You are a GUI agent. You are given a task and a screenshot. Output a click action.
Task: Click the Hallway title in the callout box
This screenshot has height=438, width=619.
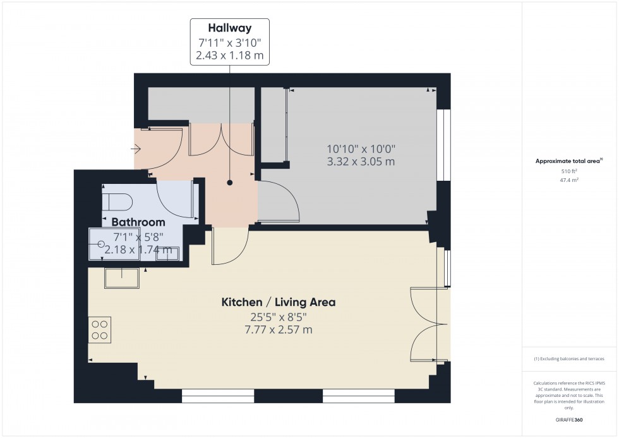(230, 28)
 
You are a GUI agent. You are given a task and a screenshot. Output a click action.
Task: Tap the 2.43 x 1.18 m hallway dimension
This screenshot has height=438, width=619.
(230, 55)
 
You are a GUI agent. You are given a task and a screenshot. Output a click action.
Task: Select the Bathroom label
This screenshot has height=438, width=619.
(138, 222)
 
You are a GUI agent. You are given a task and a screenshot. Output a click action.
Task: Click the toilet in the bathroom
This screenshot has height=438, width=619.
(117, 202)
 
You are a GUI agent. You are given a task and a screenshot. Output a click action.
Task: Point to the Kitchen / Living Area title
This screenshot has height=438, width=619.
(279, 302)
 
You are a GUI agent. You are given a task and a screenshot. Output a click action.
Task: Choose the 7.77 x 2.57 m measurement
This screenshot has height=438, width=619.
(279, 329)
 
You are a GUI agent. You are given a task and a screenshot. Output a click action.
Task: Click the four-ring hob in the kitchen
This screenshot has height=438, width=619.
(100, 330)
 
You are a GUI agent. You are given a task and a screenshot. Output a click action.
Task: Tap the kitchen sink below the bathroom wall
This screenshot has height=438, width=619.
(121, 278)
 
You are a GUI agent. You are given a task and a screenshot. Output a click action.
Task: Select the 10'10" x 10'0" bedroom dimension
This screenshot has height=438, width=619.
(361, 149)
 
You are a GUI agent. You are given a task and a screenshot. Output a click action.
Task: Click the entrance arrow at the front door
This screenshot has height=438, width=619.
(136, 149)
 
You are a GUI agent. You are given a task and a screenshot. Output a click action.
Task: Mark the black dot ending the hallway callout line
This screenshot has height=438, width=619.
(230, 183)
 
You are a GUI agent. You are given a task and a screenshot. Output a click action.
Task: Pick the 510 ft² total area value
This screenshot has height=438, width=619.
(569, 171)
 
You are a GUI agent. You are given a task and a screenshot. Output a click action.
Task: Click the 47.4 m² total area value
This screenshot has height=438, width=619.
(569, 180)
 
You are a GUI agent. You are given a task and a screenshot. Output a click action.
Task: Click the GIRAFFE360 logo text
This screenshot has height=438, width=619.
(569, 420)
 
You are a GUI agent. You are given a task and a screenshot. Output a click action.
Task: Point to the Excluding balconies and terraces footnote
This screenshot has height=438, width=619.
(569, 358)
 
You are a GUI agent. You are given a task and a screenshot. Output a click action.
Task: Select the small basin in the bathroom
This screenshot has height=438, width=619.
(167, 253)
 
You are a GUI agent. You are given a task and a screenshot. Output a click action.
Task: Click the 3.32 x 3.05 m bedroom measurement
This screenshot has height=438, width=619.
(361, 162)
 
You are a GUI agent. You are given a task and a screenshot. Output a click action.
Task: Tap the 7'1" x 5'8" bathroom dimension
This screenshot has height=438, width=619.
(138, 237)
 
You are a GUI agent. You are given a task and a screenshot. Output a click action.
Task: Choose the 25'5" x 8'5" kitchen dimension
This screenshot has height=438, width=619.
(279, 317)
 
